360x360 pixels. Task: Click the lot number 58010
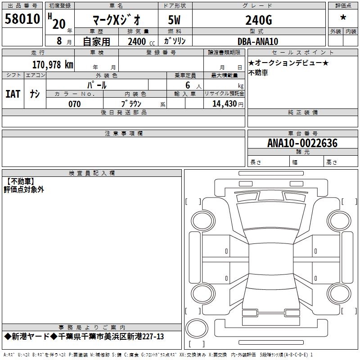click(22, 18)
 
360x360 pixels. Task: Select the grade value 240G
click(259, 20)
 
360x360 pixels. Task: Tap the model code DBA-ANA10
click(258, 41)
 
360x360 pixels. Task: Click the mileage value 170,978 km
click(53, 64)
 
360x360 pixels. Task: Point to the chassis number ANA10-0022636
click(302, 143)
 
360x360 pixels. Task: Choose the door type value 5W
click(174, 20)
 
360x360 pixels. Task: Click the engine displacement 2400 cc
click(141, 41)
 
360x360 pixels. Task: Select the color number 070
click(75, 104)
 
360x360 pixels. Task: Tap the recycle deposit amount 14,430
click(224, 104)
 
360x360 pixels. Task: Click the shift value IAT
click(13, 94)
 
